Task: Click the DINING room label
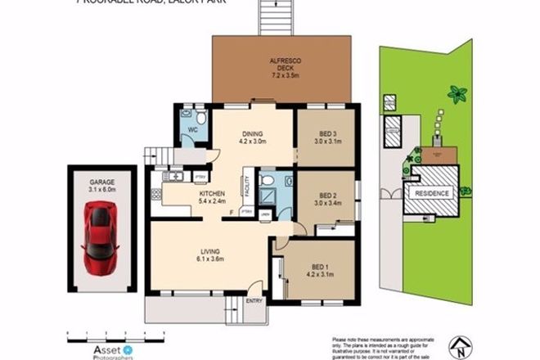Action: coord(253,137)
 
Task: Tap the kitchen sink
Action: coord(175,177)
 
